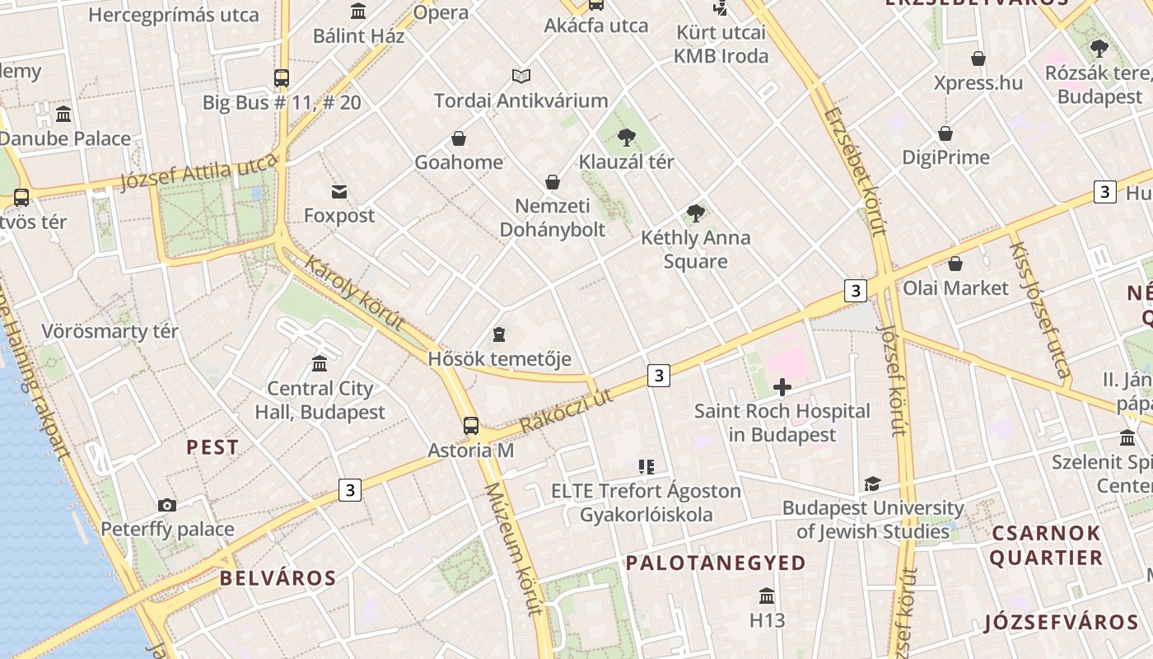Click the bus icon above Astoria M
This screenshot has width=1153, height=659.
tap(470, 426)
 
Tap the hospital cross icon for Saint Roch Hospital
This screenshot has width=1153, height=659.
tap(782, 386)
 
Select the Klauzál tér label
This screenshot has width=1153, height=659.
tap(626, 161)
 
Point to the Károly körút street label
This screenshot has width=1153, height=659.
tap(355, 292)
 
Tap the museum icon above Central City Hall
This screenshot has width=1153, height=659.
tap(320, 363)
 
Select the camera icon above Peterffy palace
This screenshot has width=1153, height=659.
tap(166, 505)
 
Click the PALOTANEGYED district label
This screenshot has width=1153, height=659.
tap(716, 563)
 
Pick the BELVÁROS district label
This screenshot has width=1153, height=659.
tap(278, 578)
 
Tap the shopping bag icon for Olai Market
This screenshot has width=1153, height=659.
tap(955, 264)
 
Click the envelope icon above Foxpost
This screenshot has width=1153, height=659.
tap(338, 192)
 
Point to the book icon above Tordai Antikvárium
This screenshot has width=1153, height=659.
tap(520, 77)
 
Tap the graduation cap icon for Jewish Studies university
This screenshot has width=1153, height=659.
tap(872, 484)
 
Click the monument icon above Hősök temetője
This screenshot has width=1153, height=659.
tap(498, 334)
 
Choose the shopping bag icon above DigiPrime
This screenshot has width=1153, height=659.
tap(945, 133)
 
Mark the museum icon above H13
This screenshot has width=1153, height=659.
tap(767, 596)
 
